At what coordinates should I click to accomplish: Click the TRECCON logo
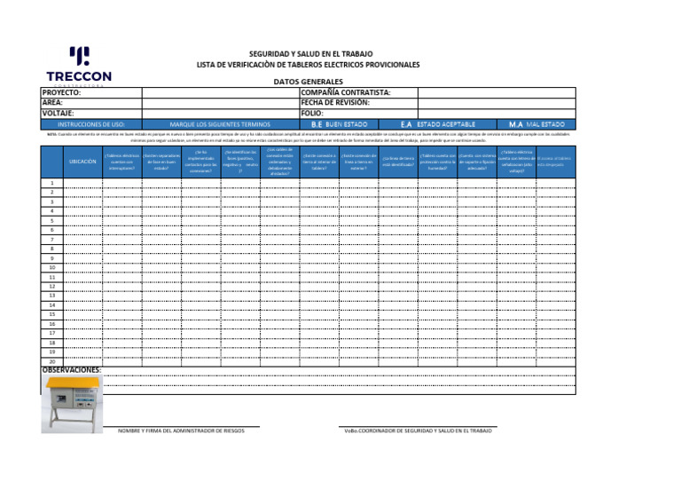coord(79,67)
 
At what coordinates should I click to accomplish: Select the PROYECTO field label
coord(62,92)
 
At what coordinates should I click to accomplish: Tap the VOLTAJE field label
coord(59,114)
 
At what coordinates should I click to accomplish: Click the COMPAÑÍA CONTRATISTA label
coord(346,92)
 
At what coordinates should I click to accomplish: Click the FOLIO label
coord(312,114)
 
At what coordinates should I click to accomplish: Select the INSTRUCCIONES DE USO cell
coord(91,124)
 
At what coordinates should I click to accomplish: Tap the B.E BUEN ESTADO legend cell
coord(339,124)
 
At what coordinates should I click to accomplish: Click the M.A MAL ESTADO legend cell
coord(536,124)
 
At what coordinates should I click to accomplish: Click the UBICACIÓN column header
coord(82,162)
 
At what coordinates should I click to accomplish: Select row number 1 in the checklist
coord(52,183)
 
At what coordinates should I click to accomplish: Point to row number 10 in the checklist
coord(52,267)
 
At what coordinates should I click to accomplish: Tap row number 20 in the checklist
coord(52,361)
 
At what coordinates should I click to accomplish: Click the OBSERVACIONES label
coord(72,370)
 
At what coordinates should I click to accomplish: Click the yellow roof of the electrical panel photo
coord(74,382)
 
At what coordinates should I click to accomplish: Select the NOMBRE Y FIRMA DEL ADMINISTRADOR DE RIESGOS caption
coord(189,431)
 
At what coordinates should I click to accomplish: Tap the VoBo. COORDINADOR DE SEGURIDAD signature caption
coord(418,431)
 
